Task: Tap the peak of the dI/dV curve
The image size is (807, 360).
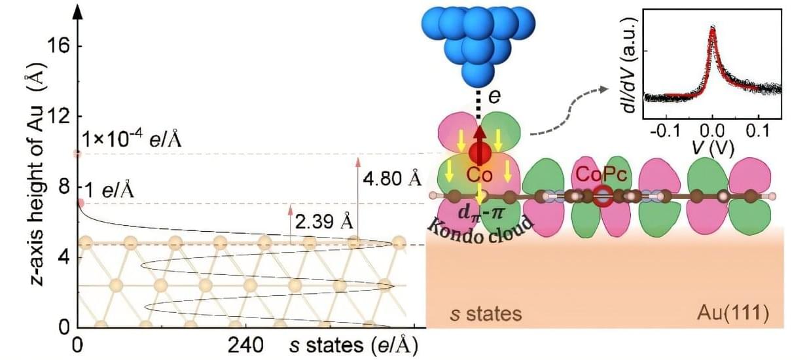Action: pos(713,29)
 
